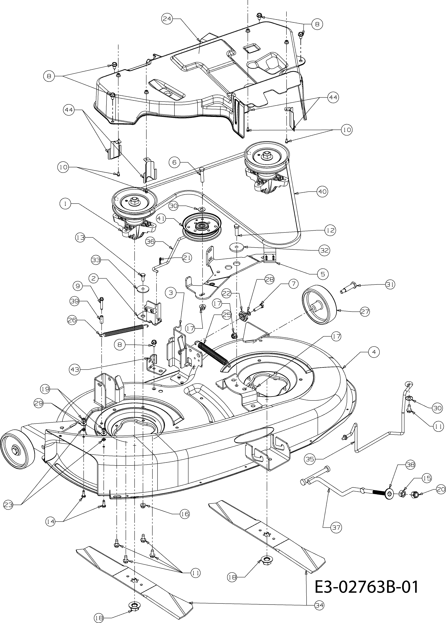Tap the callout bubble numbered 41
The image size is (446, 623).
coord(162,219)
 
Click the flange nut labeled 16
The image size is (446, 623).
coord(143,506)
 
